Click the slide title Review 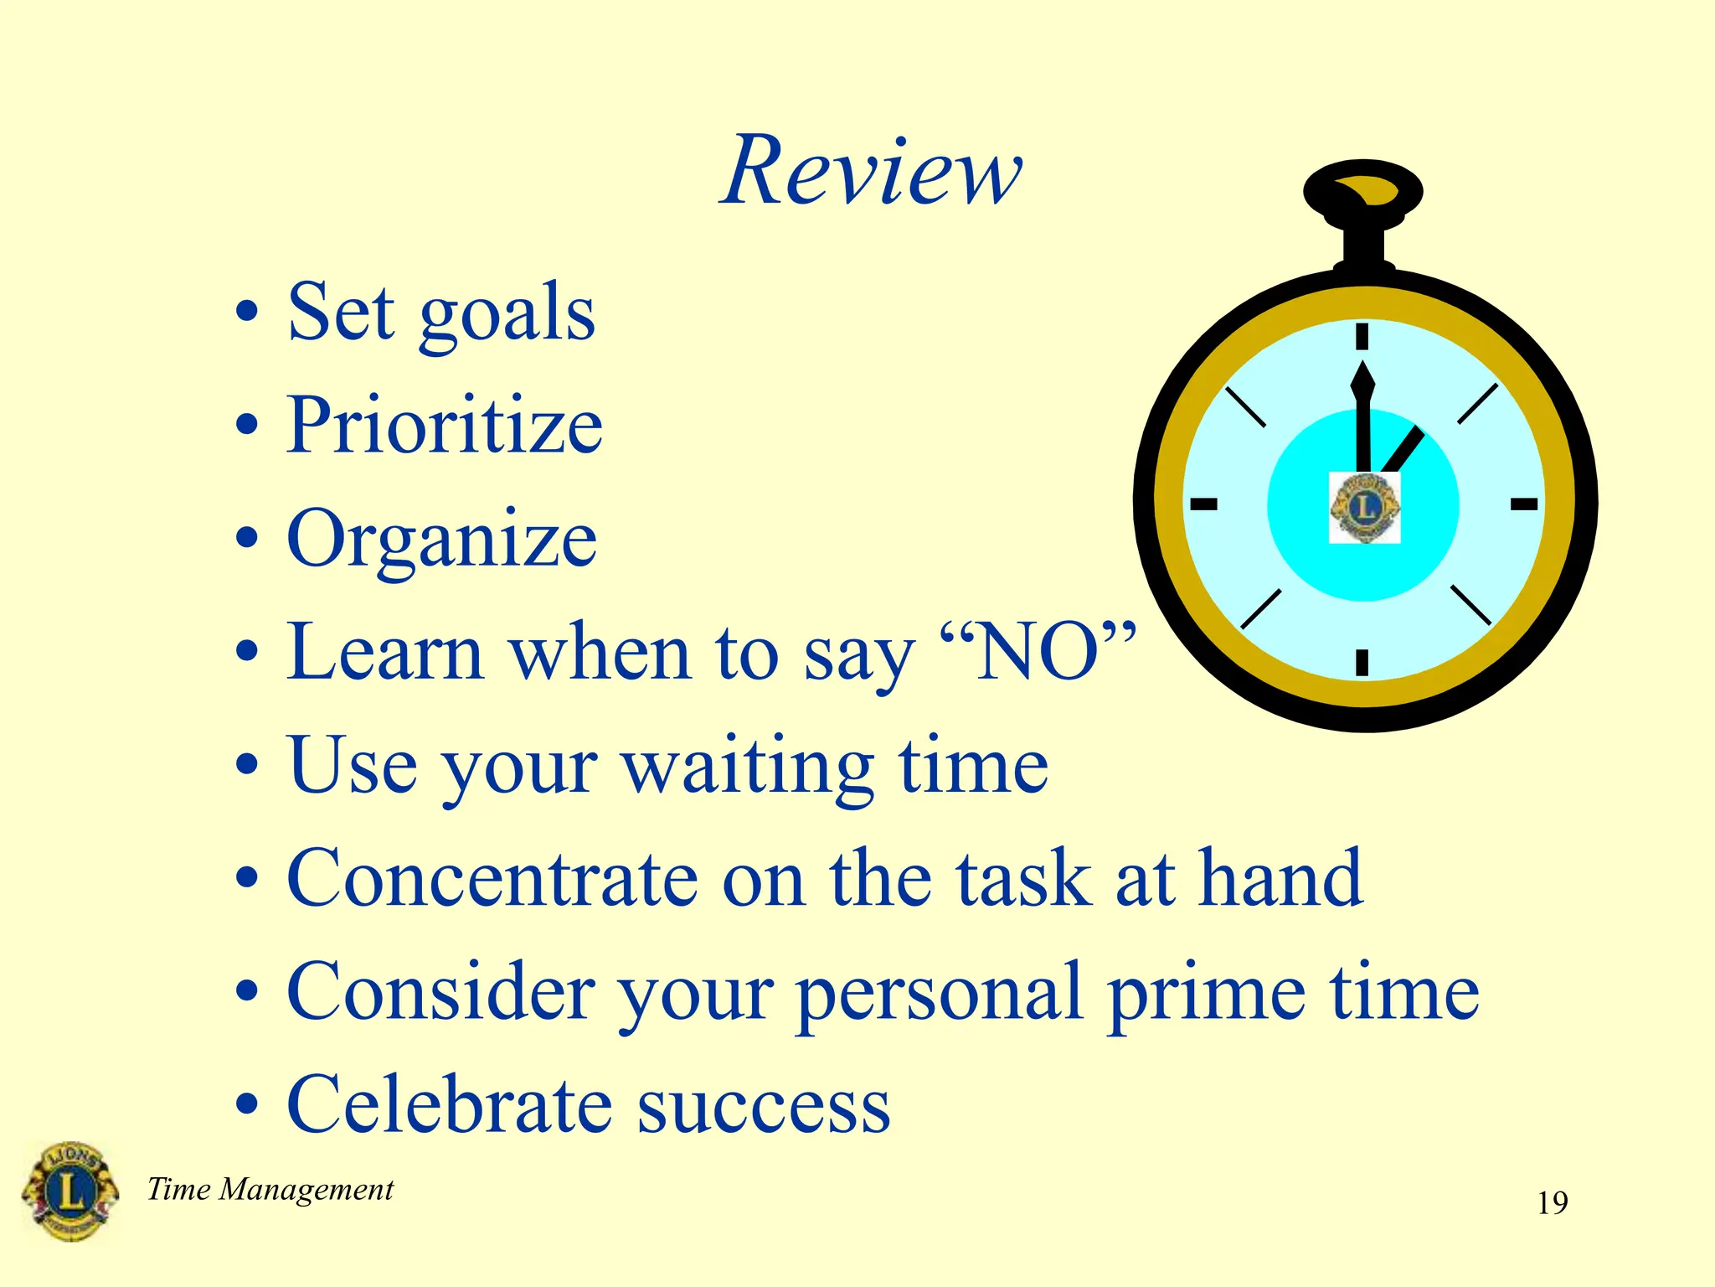click(871, 172)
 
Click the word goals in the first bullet click(507, 314)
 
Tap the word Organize click(441, 540)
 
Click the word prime click(1206, 993)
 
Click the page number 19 click(1552, 1203)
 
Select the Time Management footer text click(270, 1189)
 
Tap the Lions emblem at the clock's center click(1364, 508)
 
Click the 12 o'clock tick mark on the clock click(1362, 336)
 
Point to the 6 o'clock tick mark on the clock click(1362, 662)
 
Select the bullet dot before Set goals click(246, 314)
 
